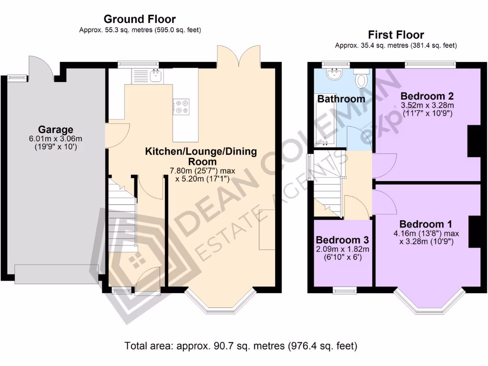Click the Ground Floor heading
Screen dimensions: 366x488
click(140, 20)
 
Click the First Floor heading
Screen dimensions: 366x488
click(396, 35)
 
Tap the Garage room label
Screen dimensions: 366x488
click(56, 130)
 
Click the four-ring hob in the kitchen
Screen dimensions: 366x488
click(181, 106)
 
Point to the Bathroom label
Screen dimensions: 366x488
click(341, 99)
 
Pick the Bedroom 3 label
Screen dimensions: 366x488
click(342, 240)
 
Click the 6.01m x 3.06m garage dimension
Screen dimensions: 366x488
click(56, 139)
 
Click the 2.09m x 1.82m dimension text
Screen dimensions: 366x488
click(343, 249)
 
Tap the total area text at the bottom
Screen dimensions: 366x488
click(241, 345)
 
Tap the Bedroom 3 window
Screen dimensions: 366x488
click(342, 289)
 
